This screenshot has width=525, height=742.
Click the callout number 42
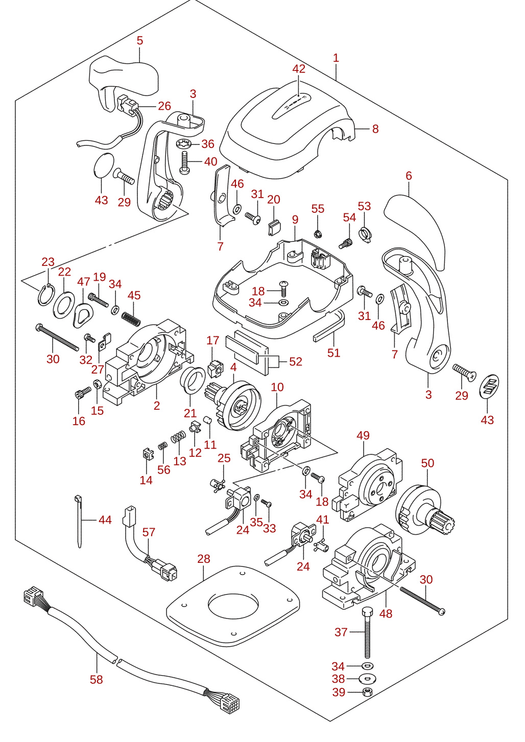tap(299, 69)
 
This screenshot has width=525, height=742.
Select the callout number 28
tap(203, 559)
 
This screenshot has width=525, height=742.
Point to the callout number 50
tap(427, 463)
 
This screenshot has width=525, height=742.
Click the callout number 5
tap(140, 40)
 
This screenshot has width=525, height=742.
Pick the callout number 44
tap(105, 520)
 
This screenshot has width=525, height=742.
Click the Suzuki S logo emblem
tap(490, 386)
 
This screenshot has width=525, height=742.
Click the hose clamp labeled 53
tap(365, 235)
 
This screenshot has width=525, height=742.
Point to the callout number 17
tap(213, 340)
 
